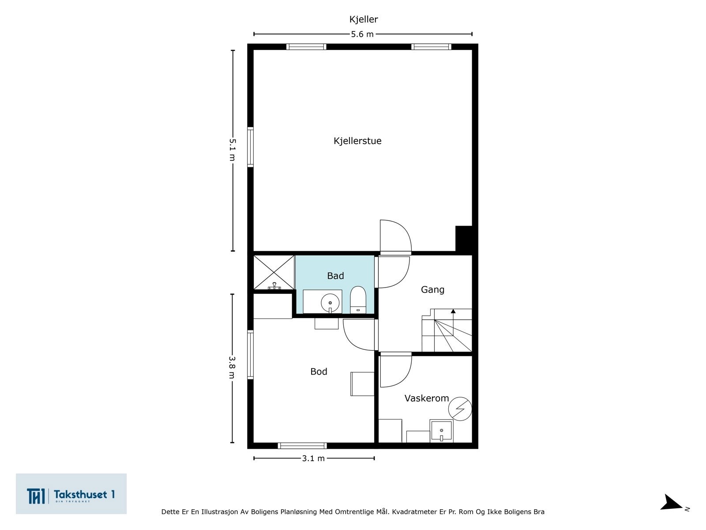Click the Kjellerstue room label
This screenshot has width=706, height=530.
pyautogui.click(x=357, y=141)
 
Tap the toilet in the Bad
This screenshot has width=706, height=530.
pyautogui.click(x=358, y=299)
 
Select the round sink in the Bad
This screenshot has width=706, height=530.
pyautogui.click(x=330, y=303)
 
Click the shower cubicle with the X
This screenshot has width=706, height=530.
pyautogui.click(x=274, y=272)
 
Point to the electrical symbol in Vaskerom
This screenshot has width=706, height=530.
pyautogui.click(x=460, y=409)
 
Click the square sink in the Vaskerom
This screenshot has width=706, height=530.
pyautogui.click(x=441, y=431)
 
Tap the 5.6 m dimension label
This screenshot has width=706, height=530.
pyautogui.click(x=362, y=34)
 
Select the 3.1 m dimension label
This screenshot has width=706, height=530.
pyautogui.click(x=313, y=458)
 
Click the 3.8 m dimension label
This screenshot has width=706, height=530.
pyautogui.click(x=232, y=367)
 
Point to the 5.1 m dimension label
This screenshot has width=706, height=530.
pyautogui.click(x=232, y=150)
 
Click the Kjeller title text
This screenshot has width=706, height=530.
pyautogui.click(x=364, y=19)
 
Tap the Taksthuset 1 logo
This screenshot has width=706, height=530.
pyautogui.click(x=71, y=494)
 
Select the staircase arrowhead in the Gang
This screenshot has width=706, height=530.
pyautogui.click(x=453, y=311)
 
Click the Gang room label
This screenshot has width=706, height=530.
pyautogui.click(x=432, y=290)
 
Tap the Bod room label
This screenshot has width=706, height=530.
pyautogui.click(x=319, y=372)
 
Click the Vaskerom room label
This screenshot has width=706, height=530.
pyautogui.click(x=427, y=398)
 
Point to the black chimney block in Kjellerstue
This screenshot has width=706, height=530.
pyautogui.click(x=464, y=238)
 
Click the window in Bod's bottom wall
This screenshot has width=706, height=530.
pyautogui.click(x=302, y=446)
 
